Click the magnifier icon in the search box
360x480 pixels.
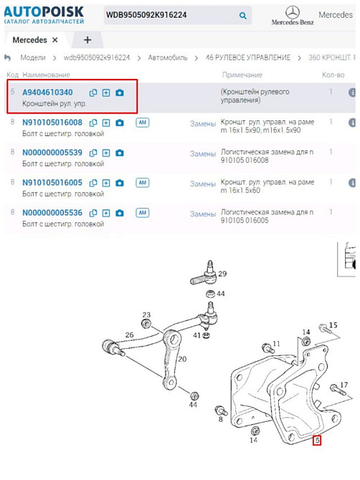[x=242, y=15]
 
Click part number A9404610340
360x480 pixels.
[x=47, y=92]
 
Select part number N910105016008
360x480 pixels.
[x=52, y=123]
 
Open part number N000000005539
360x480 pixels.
[x=52, y=153]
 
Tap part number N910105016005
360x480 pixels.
[x=52, y=183]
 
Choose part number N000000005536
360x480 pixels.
[x=52, y=213]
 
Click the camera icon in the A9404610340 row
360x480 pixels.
[x=120, y=92]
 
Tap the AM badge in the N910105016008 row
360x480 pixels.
[x=143, y=123]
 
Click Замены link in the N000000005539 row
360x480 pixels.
[x=202, y=154]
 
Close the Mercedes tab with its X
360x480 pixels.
[x=55, y=40]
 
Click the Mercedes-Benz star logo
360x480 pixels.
[x=293, y=13]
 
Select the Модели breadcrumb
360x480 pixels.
[x=33, y=57]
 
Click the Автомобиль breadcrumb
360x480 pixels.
[x=168, y=57]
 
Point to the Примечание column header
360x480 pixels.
[x=242, y=75]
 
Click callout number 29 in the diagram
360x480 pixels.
[x=222, y=274]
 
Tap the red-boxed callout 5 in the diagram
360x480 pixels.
[x=317, y=441]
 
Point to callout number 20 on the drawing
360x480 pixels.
[x=182, y=359]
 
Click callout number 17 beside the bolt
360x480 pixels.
[x=344, y=385]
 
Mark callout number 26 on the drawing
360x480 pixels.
[x=129, y=335]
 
